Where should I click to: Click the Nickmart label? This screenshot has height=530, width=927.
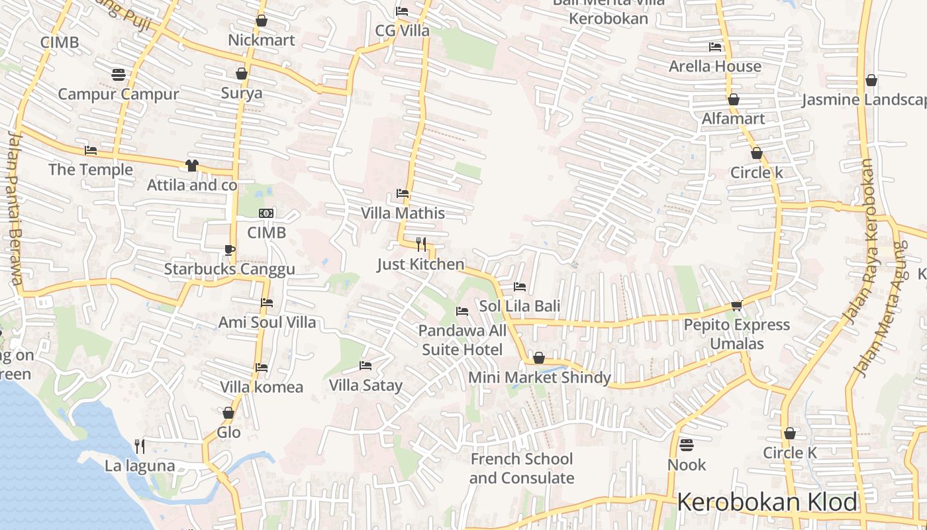[261, 40]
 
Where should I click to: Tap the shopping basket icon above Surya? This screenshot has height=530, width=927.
[242, 74]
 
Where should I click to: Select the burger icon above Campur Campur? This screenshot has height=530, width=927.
[119, 75]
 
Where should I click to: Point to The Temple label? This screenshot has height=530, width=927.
[91, 170]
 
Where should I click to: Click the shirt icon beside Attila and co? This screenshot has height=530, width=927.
[192, 165]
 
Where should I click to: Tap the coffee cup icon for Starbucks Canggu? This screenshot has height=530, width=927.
[229, 250]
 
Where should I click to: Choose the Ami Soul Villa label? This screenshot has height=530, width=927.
[268, 323]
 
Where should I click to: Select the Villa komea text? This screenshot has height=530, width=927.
[262, 387]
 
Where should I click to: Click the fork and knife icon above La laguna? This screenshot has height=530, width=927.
[140, 446]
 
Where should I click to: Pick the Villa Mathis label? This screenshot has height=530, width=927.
[403, 213]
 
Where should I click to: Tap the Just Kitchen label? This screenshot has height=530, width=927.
[420, 264]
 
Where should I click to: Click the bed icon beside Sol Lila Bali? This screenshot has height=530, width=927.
[520, 287]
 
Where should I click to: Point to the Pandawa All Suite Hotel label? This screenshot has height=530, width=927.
[462, 340]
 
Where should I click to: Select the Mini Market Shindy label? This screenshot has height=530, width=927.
[539, 378]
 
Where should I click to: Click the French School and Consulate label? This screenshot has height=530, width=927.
[522, 468]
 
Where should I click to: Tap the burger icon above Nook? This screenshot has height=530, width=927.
[687, 445]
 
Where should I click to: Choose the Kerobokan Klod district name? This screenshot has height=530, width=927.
[767, 502]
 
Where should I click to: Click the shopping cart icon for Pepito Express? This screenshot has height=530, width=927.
[736, 305]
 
